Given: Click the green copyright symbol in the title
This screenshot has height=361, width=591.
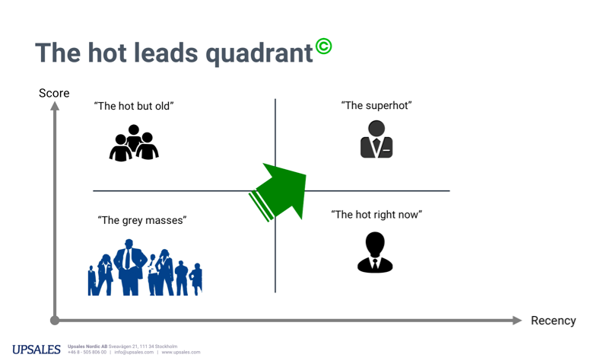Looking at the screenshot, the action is (323, 46).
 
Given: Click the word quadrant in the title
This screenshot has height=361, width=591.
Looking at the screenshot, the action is (259, 53).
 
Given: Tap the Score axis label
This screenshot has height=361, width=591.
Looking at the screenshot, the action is (54, 93).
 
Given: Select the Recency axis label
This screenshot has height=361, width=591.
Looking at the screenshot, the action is (553, 321).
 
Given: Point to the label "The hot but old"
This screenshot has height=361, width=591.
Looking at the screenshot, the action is (134, 106).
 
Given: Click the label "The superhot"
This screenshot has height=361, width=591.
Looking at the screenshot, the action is (377, 106).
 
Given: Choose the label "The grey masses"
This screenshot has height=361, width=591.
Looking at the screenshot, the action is (142, 220).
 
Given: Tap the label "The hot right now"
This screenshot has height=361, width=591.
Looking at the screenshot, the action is (377, 215).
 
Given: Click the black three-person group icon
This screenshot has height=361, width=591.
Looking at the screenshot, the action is (134, 143).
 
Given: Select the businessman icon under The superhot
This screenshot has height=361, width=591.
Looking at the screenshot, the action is (377, 139).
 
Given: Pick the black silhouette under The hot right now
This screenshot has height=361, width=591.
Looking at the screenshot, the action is (375, 252).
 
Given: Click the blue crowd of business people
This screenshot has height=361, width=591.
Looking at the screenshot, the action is (145, 267).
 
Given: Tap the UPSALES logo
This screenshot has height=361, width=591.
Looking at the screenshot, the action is (37, 350).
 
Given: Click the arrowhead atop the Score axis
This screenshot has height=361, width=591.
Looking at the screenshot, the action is (55, 107).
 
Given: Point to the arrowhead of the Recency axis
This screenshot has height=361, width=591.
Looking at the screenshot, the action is (517, 321).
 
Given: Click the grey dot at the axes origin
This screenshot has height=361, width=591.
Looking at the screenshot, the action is (55, 321).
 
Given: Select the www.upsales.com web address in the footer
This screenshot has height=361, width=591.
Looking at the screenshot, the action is (181, 353).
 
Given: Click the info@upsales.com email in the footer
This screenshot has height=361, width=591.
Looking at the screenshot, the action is (134, 353).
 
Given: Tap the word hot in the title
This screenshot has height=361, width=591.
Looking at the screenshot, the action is (107, 53).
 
